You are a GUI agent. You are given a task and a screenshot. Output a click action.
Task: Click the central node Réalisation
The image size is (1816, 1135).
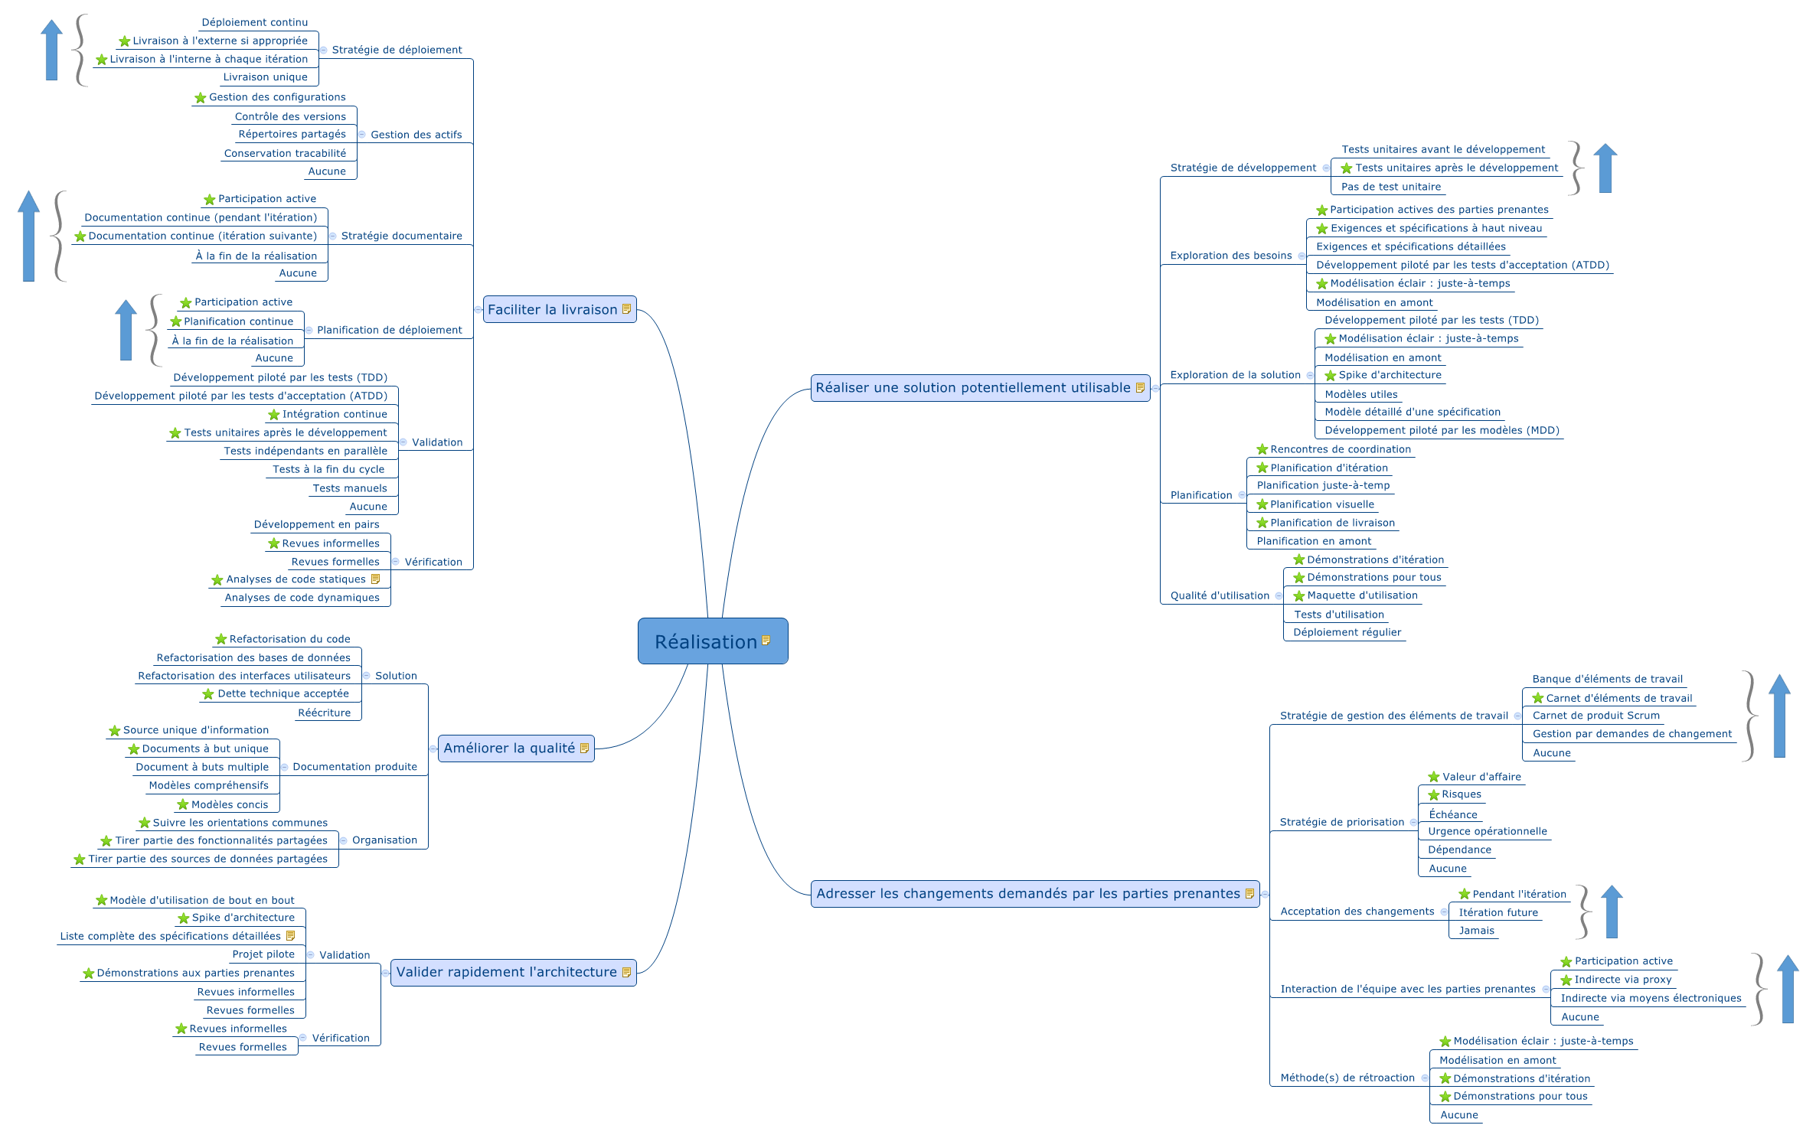pyautogui.click(x=705, y=641)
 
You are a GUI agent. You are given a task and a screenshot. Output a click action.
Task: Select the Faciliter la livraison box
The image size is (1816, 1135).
pyautogui.click(x=552, y=309)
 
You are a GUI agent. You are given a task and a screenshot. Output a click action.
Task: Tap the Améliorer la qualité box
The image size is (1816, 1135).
pyautogui.click(x=509, y=748)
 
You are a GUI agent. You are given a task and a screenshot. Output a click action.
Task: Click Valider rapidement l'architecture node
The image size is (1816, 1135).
pyautogui.click(x=506, y=972)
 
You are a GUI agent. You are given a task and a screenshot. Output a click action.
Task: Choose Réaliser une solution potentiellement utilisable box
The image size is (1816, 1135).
pyautogui.click(x=972, y=387)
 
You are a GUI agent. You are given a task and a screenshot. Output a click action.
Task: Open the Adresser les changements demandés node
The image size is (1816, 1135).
pyautogui.click(x=1027, y=893)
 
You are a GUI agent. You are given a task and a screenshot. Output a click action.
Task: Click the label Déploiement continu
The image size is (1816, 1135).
pyautogui.click(x=254, y=22)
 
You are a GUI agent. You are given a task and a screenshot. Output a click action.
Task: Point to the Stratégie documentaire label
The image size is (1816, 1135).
pyautogui.click(x=401, y=236)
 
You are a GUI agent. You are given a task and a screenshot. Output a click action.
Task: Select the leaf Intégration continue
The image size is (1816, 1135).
pyautogui.click(x=335, y=414)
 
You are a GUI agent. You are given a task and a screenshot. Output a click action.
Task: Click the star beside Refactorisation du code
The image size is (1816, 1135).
pyautogui.click(x=220, y=639)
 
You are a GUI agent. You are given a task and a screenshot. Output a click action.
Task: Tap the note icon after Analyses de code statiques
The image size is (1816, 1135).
pyautogui.click(x=375, y=579)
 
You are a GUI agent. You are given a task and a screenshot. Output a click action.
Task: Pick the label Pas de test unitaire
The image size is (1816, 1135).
pyautogui.click(x=1390, y=187)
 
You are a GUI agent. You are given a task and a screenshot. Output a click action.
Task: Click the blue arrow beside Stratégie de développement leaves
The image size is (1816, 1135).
pyautogui.click(x=1605, y=168)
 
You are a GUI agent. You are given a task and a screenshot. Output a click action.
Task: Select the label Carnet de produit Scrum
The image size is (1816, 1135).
pyautogui.click(x=1596, y=716)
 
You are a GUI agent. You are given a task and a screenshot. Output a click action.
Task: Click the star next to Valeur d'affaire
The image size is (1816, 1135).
pyautogui.click(x=1433, y=777)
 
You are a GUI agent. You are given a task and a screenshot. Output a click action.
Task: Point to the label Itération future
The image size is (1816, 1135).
pyautogui.click(x=1498, y=912)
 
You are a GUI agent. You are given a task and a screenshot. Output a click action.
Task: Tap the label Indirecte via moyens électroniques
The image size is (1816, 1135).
pyautogui.click(x=1650, y=998)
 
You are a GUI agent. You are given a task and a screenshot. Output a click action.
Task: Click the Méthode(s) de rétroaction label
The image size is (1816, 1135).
pyautogui.click(x=1347, y=1078)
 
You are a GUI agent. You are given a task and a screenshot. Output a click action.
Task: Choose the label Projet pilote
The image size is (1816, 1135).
pyautogui.click(x=263, y=954)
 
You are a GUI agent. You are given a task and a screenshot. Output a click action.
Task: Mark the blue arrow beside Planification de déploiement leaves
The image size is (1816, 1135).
pyautogui.click(x=126, y=330)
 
